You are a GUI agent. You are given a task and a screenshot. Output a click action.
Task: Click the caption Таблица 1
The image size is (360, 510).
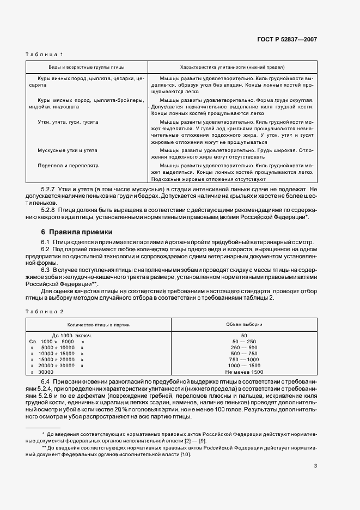(x=45, y=54)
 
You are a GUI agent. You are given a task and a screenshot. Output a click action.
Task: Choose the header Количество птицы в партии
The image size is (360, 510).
(x=98, y=324)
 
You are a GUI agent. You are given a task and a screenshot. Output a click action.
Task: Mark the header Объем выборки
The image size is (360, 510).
(x=243, y=324)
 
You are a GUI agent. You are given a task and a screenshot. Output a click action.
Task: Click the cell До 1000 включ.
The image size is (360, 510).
(x=71, y=336)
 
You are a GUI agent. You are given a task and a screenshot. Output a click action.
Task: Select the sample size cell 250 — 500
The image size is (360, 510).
(x=243, y=348)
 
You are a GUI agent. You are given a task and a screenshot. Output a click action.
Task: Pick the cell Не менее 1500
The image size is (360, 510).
(x=243, y=372)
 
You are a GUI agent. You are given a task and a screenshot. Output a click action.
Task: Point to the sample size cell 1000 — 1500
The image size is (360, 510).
(x=243, y=366)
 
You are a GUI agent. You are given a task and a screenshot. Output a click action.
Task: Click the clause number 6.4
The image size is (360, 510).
(x=45, y=381)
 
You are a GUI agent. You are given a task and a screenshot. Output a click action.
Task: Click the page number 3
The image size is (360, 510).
(x=315, y=465)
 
